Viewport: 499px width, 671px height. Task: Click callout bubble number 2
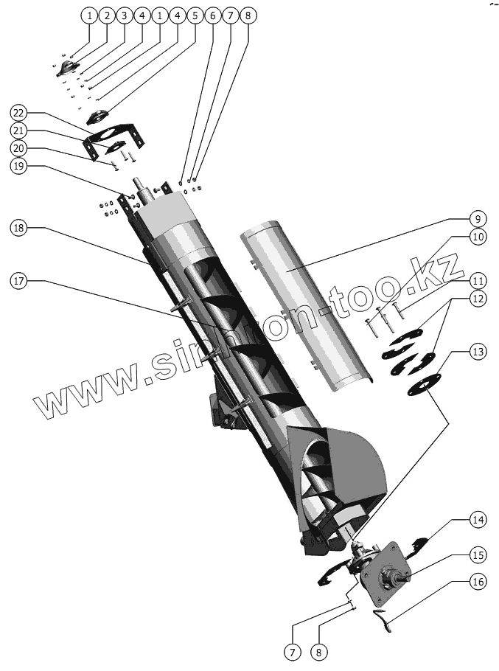[107, 15]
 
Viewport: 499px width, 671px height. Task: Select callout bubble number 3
[124, 15]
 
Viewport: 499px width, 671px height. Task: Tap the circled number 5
[194, 15]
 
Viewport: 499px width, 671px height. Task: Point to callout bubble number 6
[212, 15]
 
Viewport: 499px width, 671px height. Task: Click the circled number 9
[478, 219]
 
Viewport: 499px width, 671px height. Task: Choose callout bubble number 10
[478, 238]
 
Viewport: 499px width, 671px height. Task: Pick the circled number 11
[478, 280]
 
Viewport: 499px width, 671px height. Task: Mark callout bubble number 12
[478, 299]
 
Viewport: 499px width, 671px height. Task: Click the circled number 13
[478, 352]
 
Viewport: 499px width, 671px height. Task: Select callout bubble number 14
[478, 520]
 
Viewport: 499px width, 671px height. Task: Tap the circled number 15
[478, 554]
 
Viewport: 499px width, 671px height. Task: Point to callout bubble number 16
[478, 582]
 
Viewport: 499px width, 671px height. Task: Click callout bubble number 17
[20, 281]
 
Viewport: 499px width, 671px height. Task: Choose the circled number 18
[20, 229]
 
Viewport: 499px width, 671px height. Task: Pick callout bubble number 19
[20, 166]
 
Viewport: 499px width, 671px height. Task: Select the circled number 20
[20, 147]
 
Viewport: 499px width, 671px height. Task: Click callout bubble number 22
[20, 113]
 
